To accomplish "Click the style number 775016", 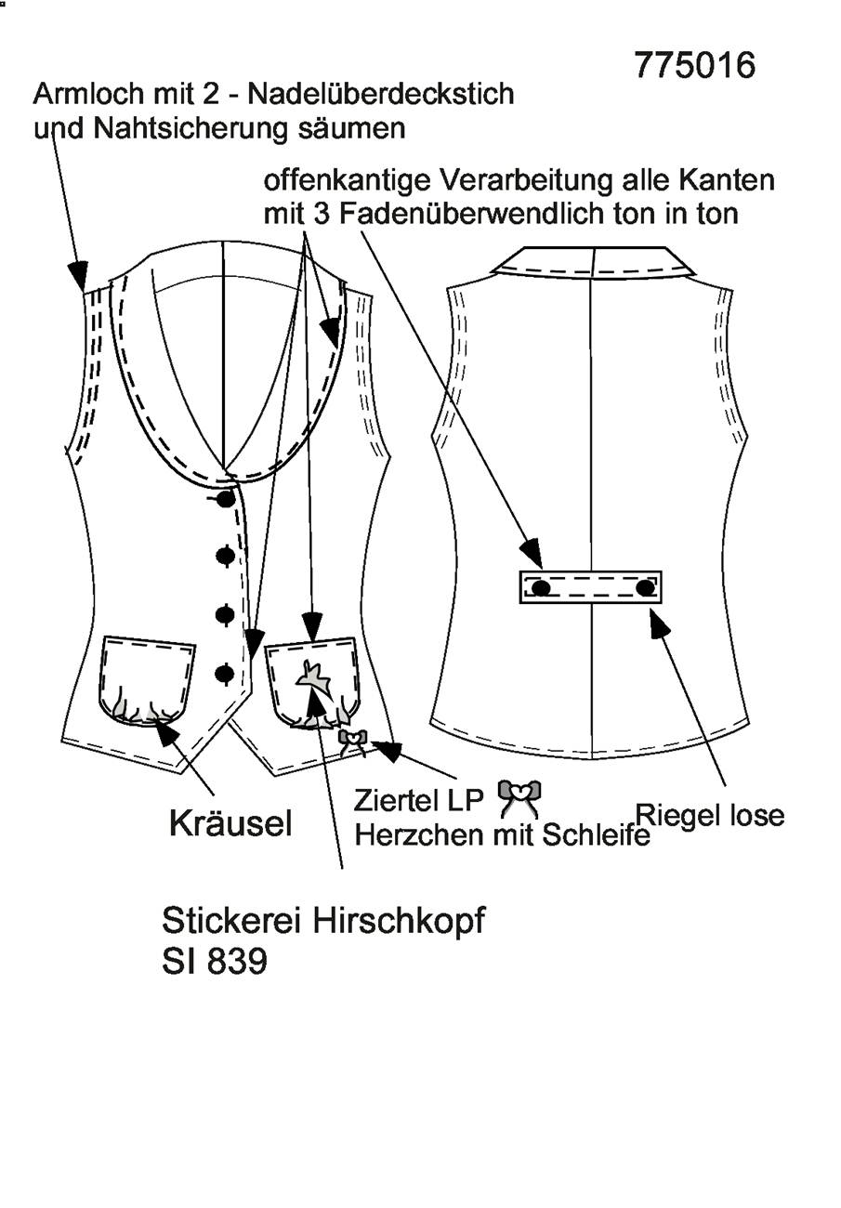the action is (695, 66).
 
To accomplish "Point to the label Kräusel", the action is (230, 823).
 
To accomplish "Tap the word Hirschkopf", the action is (399, 920).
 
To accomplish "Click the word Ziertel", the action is (397, 801).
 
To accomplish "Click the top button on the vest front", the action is (226, 499).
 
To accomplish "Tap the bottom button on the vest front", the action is (226, 674).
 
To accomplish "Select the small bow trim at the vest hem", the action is (353, 741).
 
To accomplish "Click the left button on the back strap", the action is (541, 587).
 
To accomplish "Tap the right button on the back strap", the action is (645, 587).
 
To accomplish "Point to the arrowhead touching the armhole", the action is (79, 276).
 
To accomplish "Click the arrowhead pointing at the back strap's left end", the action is (532, 552).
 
